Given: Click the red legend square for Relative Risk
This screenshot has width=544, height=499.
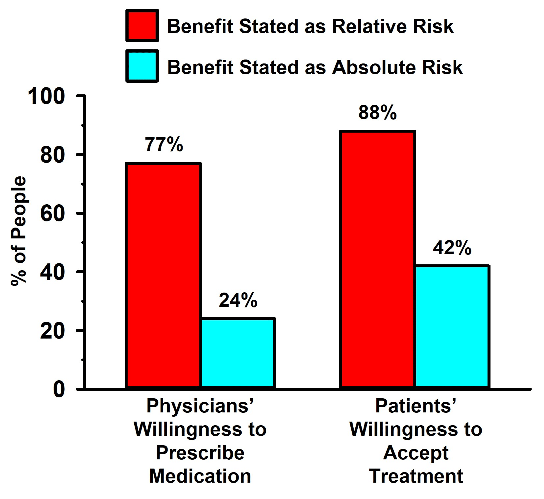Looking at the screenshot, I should tap(142, 26).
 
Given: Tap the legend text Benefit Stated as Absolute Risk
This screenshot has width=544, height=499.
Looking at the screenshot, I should tap(315, 67).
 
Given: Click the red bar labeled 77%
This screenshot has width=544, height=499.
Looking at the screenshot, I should tap(163, 275).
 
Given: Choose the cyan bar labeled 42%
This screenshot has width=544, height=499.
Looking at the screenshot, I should tap(452, 327).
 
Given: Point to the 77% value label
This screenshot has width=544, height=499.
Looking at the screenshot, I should tap(164, 144).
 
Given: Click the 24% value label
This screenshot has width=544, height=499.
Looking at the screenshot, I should tap(238, 300).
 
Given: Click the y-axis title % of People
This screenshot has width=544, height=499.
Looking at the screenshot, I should tap(19, 231).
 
